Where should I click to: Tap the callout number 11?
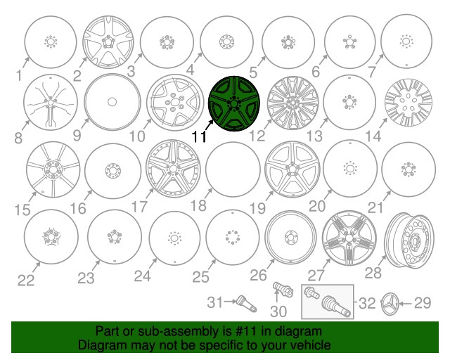pyautogui.click(x=199, y=136)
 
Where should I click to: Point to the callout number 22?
pyautogui.click(x=25, y=281)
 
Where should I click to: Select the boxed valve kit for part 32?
pyautogui.click(x=327, y=302)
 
